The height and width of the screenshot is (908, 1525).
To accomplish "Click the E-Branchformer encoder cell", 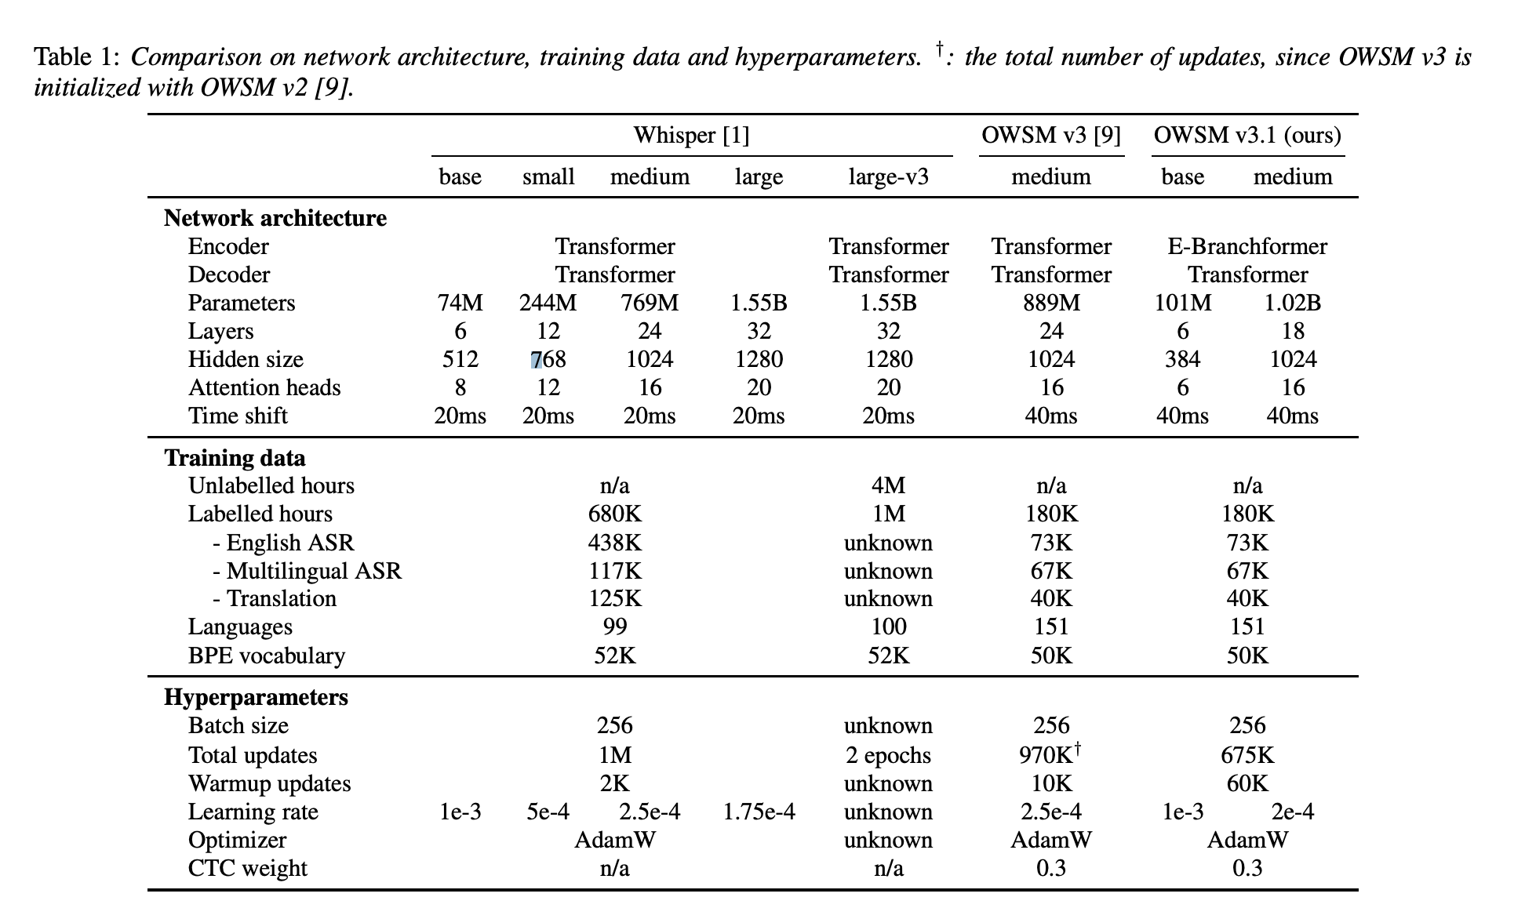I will [x=1247, y=247].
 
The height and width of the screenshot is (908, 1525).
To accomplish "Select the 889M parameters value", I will [x=1050, y=303].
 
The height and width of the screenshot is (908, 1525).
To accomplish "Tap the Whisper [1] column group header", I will [x=691, y=136].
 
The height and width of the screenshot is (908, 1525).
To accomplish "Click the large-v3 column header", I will [x=888, y=177].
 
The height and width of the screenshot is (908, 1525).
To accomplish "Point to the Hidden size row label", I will [x=246, y=360].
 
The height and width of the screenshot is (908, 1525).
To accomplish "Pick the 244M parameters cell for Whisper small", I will [x=548, y=303].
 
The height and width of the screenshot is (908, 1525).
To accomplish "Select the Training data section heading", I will [x=235, y=458].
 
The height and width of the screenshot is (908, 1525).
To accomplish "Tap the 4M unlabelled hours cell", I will [x=888, y=486].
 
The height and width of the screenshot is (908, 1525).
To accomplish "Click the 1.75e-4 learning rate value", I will [x=759, y=812].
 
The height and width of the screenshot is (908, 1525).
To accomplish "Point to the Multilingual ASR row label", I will [x=307, y=571].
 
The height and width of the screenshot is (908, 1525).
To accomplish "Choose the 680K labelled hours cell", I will [x=614, y=514].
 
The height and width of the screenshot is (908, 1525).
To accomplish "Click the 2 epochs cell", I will [x=888, y=755].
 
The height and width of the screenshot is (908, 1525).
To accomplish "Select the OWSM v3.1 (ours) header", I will [x=1247, y=136].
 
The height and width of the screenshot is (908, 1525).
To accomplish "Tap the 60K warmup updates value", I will [x=1247, y=783].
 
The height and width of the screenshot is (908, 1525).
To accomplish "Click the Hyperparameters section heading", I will [x=256, y=698].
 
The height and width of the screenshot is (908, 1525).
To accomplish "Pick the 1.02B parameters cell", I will [x=1292, y=303].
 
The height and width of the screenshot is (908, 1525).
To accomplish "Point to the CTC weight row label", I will [x=247, y=868].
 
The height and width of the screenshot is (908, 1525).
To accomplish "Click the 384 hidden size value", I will [x=1182, y=360].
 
